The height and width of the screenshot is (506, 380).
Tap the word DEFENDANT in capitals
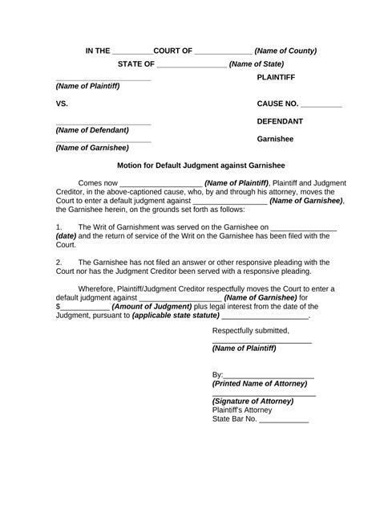[x=280, y=120]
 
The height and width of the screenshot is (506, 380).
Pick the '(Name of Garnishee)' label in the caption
[x=92, y=148]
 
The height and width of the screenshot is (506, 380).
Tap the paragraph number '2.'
[x=59, y=262]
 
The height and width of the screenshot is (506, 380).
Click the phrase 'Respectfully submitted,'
[x=250, y=330]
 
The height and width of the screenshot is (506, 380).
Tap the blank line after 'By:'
[x=269, y=374]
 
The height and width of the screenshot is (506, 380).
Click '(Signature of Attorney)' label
[x=253, y=401]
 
